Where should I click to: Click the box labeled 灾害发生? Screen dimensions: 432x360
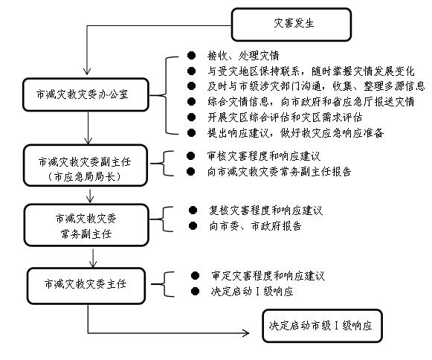pyautogui.click(x=291, y=25)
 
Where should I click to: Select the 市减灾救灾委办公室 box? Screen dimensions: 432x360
pyautogui.click(x=86, y=94)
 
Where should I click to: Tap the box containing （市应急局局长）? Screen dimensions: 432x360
pyautogui.click(x=86, y=165)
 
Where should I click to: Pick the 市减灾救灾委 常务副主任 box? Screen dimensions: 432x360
pyautogui.click(x=86, y=225)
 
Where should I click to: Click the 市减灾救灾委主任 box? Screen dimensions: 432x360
pyautogui.click(x=86, y=286)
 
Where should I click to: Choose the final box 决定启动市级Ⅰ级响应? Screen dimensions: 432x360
pyautogui.click(x=323, y=326)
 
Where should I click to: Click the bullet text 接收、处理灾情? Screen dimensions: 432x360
pyautogui.click(x=243, y=56)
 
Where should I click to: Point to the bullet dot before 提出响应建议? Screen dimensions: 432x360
pyautogui.click(x=191, y=133)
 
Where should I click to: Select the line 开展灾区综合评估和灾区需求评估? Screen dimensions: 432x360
pyautogui.click(x=285, y=118)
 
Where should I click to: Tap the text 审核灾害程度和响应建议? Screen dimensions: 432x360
pyautogui.click(x=264, y=156)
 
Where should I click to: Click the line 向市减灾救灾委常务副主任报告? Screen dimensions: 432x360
pyautogui.click(x=279, y=172)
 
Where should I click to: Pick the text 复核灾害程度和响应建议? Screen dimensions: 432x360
pyautogui.click(x=265, y=210)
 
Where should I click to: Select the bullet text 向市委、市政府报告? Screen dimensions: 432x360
pyautogui.click(x=255, y=226)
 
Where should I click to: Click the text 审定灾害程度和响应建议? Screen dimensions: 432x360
pyautogui.click(x=268, y=276)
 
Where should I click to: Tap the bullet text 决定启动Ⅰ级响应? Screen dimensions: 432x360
pyautogui.click(x=252, y=292)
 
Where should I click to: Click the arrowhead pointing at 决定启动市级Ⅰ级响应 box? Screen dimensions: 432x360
pyautogui.click(x=246, y=333)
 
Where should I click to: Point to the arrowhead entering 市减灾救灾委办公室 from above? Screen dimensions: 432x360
pyautogui.click(x=87, y=71)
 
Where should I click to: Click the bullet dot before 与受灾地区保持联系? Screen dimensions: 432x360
pyautogui.click(x=191, y=71)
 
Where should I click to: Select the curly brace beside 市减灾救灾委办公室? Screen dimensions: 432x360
pyautogui.click(x=165, y=95)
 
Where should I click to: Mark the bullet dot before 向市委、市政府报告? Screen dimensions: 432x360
pyautogui.click(x=193, y=226)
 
